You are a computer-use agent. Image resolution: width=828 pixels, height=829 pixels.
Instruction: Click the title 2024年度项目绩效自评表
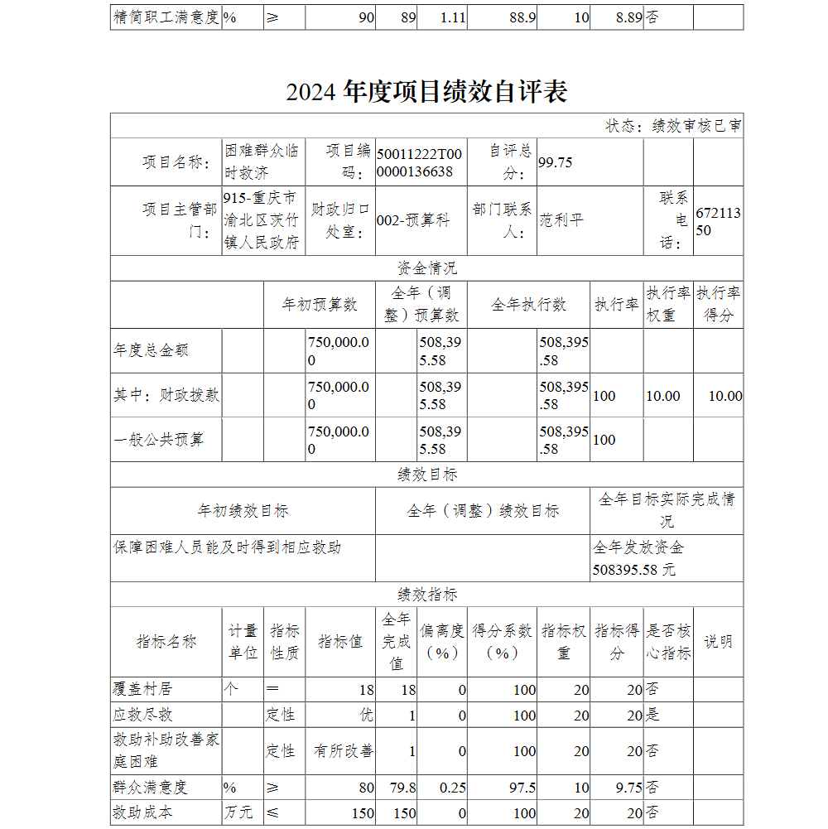tap(426, 92)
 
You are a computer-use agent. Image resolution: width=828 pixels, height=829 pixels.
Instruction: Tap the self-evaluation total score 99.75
tap(556, 162)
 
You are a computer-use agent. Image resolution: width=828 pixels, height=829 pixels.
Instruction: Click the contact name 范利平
tap(561, 220)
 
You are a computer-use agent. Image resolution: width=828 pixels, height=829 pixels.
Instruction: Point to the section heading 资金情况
tap(426, 268)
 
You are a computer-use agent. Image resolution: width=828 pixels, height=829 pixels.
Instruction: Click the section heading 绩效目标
tap(426, 475)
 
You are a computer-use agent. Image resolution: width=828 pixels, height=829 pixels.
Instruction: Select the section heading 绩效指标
tap(426, 595)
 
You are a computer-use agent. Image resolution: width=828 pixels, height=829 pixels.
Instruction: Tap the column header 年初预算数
tap(320, 305)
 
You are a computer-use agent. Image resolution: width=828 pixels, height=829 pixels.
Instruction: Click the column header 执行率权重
tap(667, 304)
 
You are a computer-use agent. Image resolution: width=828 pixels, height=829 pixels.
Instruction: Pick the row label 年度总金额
tap(151, 350)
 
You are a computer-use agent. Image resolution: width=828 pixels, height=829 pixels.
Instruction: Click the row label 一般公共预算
tap(158, 440)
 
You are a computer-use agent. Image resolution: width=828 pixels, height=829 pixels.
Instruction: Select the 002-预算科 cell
tap(413, 220)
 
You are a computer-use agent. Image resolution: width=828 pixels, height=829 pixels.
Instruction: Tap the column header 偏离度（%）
tap(442, 641)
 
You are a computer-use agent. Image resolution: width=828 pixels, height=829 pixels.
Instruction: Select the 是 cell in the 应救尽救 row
tap(652, 715)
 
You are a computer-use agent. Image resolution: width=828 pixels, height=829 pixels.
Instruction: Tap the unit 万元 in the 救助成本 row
tap(238, 813)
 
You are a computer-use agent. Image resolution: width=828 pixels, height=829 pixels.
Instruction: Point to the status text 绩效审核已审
tap(696, 126)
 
